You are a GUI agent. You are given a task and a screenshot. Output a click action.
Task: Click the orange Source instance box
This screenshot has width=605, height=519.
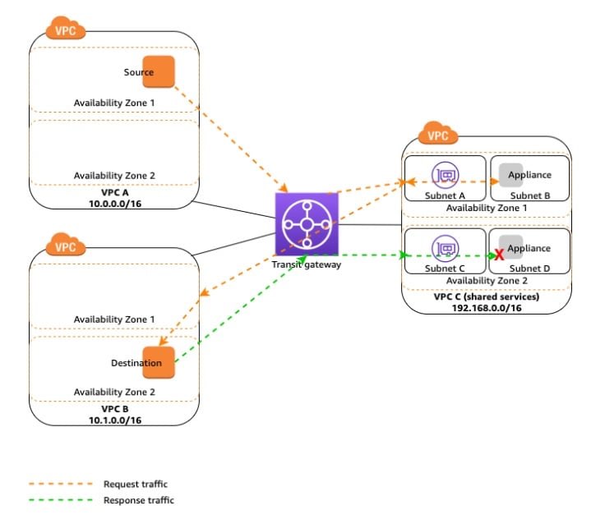coord(159,71)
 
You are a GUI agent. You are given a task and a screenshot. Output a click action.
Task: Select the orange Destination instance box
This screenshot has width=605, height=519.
coord(159,362)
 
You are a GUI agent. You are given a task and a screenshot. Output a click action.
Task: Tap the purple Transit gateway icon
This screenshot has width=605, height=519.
coord(307,224)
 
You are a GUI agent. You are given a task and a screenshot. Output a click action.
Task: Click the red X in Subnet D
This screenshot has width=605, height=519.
coord(499,255)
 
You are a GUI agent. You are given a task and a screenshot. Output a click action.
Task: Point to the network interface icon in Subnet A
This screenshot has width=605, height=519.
coord(446,175)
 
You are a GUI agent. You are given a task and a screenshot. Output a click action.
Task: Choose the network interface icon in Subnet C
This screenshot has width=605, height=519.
coord(446,248)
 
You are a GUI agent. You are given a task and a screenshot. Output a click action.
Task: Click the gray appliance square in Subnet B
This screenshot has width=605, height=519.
coord(510,175)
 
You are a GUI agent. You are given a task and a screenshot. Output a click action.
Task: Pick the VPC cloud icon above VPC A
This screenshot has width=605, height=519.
coord(65,28)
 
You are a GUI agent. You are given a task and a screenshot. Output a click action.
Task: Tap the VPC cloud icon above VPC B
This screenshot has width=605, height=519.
coord(65,245)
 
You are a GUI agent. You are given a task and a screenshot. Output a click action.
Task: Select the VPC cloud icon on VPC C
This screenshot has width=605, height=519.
coord(438,133)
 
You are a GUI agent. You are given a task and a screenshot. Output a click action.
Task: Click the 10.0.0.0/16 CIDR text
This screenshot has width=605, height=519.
coord(115,204)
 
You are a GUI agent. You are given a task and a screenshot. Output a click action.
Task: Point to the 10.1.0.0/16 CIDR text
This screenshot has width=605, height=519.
coord(115,420)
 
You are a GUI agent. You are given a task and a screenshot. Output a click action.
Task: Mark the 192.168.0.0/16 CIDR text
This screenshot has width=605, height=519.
coord(487,308)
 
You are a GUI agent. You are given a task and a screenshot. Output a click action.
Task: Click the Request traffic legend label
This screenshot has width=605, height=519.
coord(136,484)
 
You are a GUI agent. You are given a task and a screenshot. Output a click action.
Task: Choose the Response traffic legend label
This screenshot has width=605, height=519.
coord(139,500)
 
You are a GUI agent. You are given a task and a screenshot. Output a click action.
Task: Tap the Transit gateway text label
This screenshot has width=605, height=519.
coord(307,264)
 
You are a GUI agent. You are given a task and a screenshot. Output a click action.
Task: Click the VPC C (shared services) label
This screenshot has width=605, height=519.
coord(487,296)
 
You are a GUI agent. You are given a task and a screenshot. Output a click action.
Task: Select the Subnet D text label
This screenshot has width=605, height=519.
coord(529,269)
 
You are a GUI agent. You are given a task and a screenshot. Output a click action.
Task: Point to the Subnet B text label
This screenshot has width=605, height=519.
coord(530,195)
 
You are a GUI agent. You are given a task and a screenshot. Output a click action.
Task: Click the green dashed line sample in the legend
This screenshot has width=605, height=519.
coord(61,500)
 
